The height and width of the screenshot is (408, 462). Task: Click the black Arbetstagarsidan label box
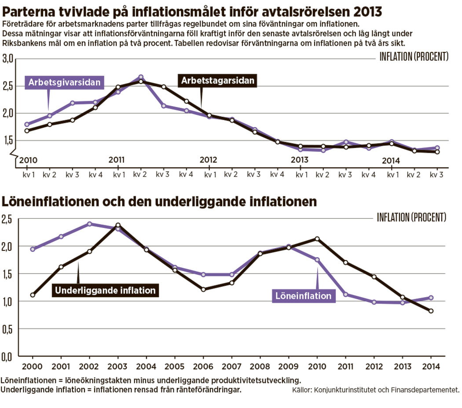pos(218,81)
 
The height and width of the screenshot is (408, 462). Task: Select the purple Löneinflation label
pos(304,296)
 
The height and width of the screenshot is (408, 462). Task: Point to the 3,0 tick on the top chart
pos(8,58)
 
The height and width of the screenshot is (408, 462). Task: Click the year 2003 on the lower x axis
pos(117,367)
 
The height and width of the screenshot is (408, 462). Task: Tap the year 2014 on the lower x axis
pos(431,367)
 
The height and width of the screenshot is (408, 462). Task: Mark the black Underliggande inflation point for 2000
pos(33,295)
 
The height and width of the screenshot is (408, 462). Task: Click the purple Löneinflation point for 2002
pos(89,224)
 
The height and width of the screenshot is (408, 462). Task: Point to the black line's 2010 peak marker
pos(317,239)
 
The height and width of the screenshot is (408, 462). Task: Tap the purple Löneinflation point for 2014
pos(431,298)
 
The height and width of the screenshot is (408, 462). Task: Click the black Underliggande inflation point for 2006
pos(203,289)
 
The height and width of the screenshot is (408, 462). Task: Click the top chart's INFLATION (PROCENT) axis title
pos(414,57)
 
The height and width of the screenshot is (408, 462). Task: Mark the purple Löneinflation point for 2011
pos(346,294)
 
